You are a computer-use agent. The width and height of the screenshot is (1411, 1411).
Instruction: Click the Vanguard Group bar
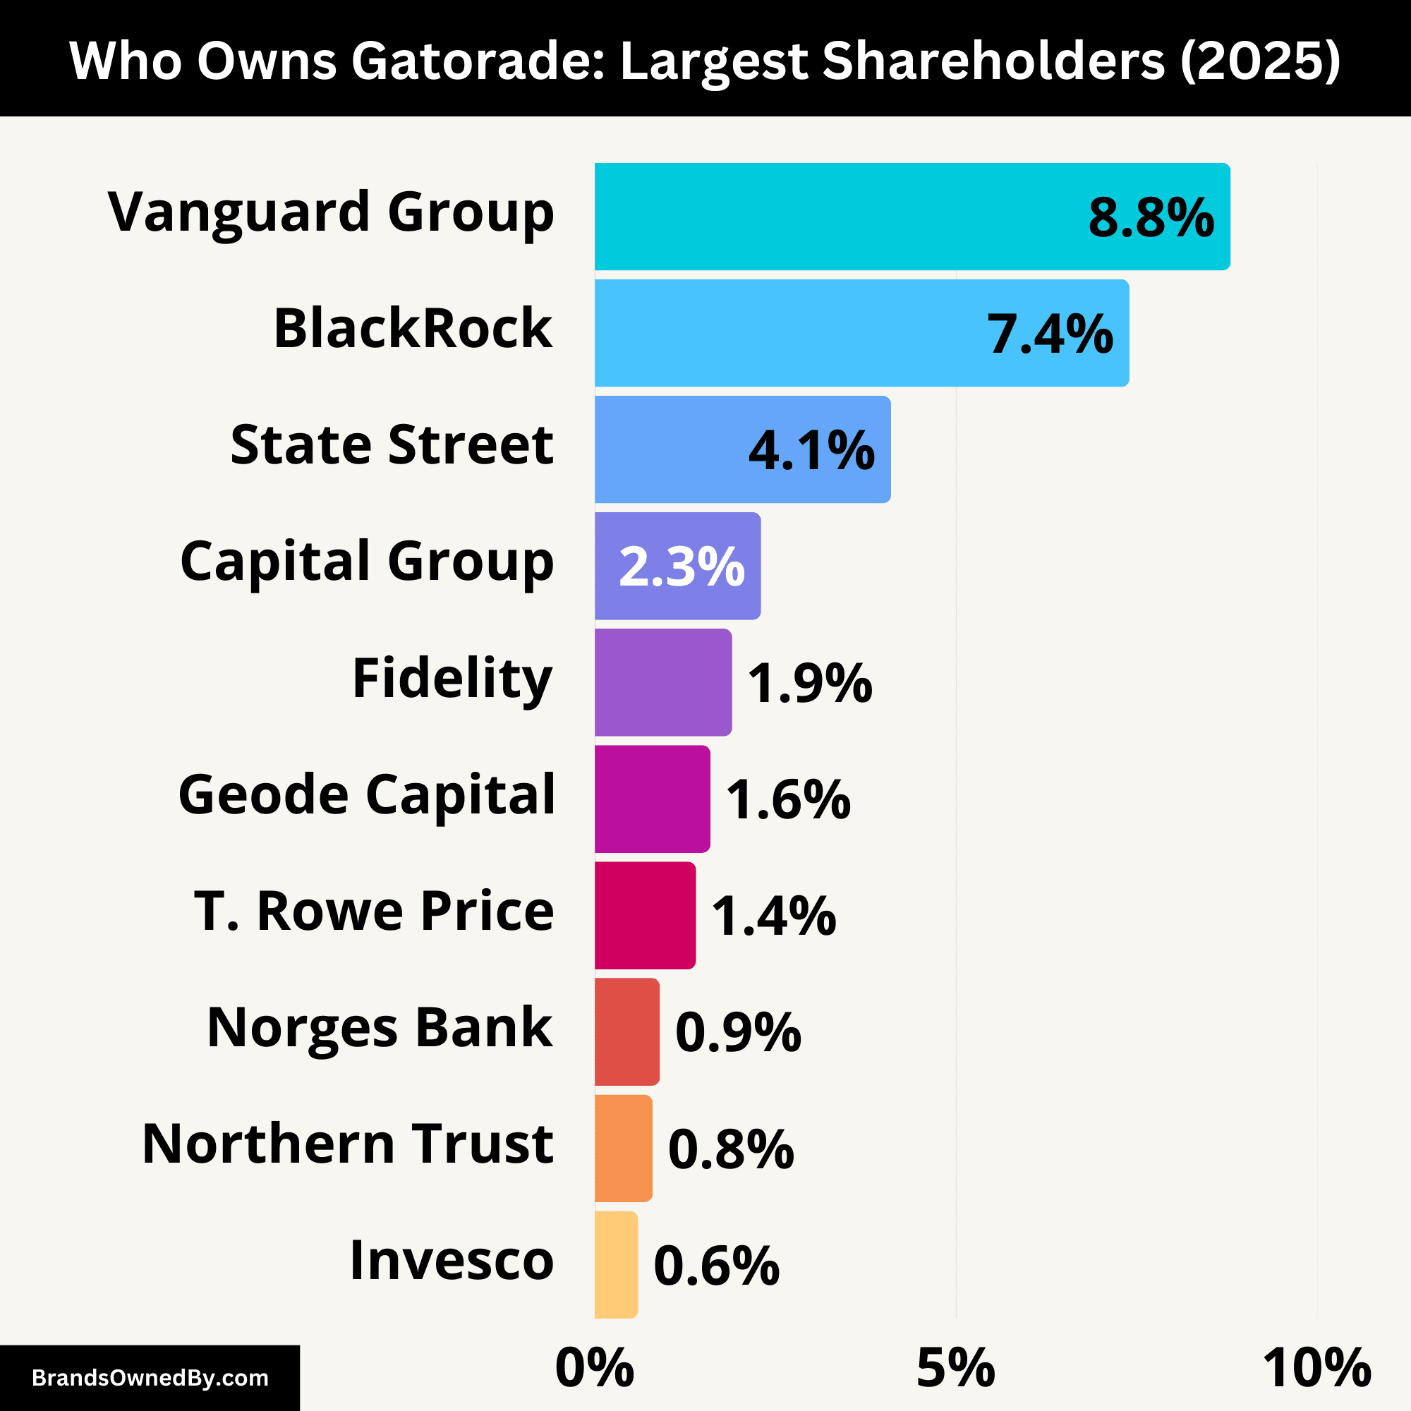(x=840, y=216)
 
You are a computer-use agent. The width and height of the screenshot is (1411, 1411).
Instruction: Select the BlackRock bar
(x=789, y=333)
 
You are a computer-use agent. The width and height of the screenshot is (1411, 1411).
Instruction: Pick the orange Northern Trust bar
(x=623, y=1148)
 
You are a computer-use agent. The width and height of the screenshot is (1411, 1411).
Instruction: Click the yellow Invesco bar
(x=616, y=1265)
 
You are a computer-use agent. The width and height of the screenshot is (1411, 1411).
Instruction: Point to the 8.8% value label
(x=1151, y=217)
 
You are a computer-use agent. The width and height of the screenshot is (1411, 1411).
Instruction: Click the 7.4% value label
(x=1050, y=334)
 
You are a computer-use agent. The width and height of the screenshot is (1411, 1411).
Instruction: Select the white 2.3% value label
(x=682, y=567)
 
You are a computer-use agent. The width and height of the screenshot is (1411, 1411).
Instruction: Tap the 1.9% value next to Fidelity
(x=810, y=683)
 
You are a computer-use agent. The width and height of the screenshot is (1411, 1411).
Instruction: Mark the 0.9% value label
(x=738, y=1032)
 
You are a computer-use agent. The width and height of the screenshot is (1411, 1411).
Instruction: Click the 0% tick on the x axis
(x=595, y=1367)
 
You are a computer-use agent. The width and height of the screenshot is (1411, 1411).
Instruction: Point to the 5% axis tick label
(x=955, y=1367)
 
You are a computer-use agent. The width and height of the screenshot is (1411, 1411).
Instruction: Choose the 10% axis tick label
(x=1316, y=1367)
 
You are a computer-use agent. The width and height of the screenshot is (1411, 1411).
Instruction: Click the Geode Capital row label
(x=367, y=795)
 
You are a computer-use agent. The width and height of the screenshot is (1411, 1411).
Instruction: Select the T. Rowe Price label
(x=374, y=912)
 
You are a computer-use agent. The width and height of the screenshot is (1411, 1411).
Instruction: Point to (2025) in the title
(x=1260, y=60)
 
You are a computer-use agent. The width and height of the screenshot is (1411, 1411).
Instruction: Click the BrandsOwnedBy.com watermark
(x=150, y=1378)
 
